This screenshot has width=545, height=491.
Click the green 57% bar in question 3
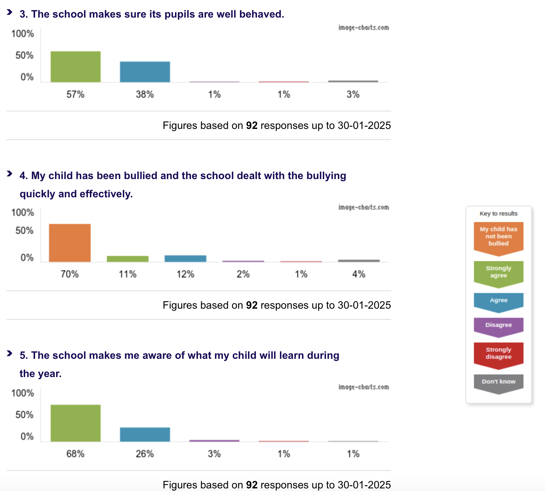[75, 67]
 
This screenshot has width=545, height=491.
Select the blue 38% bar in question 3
[145, 72]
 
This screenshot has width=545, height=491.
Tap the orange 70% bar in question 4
[70, 243]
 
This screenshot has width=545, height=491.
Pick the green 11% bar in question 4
[127, 259]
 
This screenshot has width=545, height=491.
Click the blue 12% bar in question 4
[185, 259]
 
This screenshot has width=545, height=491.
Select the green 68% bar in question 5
[75, 423]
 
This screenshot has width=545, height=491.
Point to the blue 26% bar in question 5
[145, 434]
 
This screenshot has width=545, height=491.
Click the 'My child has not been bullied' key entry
[498, 236]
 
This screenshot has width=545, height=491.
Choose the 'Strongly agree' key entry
[498, 272]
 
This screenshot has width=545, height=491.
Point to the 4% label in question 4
[359, 274]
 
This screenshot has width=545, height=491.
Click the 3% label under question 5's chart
[214, 454]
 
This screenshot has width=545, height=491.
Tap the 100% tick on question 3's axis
[22, 34]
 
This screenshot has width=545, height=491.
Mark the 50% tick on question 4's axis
[24, 231]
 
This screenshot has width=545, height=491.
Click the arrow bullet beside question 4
[9, 174]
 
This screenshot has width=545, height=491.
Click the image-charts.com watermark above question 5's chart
[363, 387]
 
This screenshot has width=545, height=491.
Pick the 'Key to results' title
[498, 214]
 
